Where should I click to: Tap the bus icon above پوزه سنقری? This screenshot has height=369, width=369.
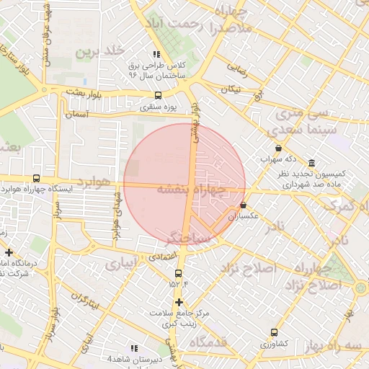(158, 95)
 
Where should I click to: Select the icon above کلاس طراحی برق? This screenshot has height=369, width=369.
(156, 54)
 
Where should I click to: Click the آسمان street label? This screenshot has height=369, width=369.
(76, 115)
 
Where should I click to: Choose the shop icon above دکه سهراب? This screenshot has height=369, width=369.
(278, 148)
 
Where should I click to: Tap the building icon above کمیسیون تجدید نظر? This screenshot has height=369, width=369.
(311, 163)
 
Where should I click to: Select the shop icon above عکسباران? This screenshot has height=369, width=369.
(243, 205)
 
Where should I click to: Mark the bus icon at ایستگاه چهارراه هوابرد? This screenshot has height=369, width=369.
(36, 178)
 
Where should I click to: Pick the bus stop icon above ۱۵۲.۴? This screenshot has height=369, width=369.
(179, 272)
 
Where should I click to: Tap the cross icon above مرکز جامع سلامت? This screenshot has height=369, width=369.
(179, 302)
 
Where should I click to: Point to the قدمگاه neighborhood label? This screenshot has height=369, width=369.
(225, 342)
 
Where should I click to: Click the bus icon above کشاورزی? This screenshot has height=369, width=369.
(274, 332)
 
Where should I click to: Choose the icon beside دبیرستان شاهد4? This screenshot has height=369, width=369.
(133, 348)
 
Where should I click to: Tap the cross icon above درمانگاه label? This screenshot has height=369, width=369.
(9, 252)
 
